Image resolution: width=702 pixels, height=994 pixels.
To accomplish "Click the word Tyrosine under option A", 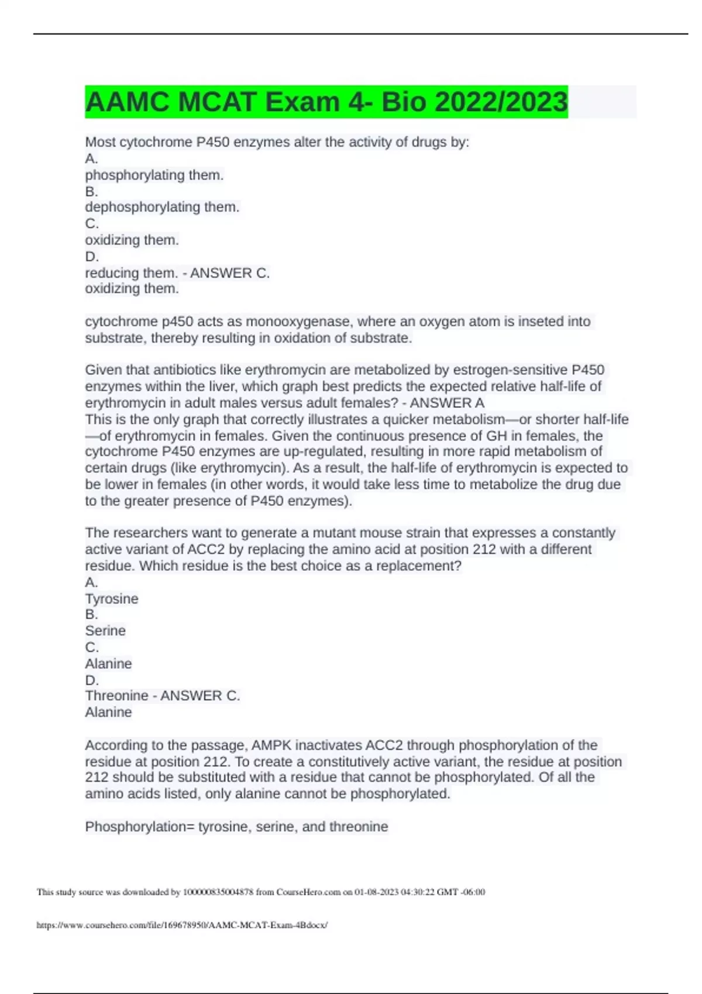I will (x=112, y=599).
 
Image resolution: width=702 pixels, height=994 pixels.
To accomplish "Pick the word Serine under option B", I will (x=105, y=631).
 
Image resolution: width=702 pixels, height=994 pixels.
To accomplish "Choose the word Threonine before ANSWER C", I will (x=116, y=696).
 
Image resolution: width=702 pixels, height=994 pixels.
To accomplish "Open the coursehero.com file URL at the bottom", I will (x=182, y=925).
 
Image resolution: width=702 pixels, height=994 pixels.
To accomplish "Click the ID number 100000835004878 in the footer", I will (x=218, y=892).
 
